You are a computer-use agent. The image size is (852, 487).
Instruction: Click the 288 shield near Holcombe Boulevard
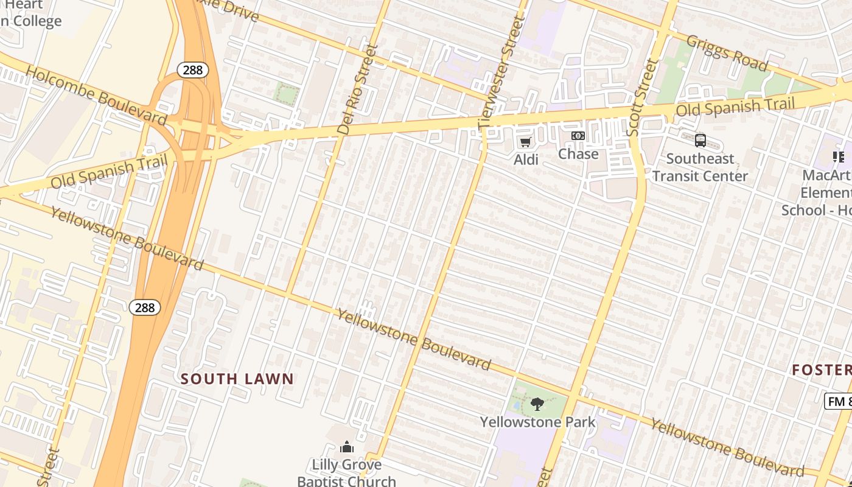coord(193,70)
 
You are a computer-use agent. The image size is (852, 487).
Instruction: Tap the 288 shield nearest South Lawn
coord(145,307)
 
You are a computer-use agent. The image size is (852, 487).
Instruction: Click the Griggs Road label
coord(727,53)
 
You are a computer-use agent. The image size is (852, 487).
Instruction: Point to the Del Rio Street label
coord(357,89)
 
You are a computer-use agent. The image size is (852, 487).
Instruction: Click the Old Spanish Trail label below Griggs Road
coord(735,108)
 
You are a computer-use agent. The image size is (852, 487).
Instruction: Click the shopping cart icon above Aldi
coord(525,142)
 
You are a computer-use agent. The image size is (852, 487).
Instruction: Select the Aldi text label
coord(526,159)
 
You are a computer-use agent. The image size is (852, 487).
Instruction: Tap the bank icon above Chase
coord(578,136)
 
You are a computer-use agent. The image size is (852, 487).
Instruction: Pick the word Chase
coord(578,153)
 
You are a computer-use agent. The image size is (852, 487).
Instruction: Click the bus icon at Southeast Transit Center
coord(700,141)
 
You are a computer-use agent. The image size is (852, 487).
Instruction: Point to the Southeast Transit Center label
coord(700,167)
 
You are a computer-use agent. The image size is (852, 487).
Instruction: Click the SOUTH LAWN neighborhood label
coord(237,379)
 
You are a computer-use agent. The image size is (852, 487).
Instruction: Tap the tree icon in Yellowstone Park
coord(537,404)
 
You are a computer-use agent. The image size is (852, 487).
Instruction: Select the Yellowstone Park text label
coord(537,422)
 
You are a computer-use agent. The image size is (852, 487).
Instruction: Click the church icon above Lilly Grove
coord(347,447)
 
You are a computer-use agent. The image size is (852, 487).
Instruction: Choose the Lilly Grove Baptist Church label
coord(347,472)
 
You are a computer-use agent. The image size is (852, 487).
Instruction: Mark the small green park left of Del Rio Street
coord(286,94)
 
